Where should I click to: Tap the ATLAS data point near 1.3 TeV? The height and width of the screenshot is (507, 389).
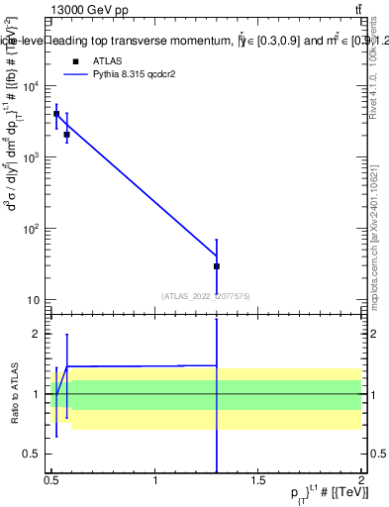pos(216,266)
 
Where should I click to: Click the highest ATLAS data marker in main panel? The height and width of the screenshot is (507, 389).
pos(56,114)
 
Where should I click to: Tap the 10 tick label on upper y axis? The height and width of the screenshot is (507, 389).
pos(35,300)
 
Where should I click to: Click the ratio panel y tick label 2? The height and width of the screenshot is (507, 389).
pos(36,335)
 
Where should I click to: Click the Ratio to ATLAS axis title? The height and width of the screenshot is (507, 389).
pos(13,394)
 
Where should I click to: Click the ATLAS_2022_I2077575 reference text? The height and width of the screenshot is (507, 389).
pos(206,295)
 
